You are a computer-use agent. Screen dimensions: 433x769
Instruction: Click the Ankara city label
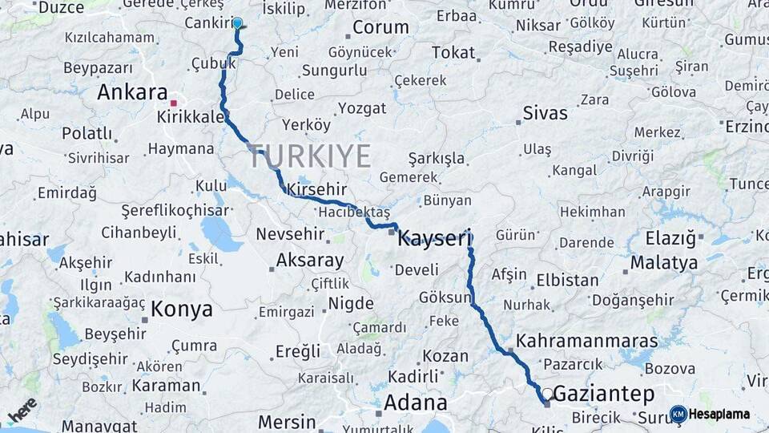pos(132,92)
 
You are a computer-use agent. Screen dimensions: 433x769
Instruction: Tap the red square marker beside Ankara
pos(173,103)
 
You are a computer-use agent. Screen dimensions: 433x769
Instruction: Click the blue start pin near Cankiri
pos(237,22)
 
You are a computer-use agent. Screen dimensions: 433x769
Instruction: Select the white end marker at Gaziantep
pos(546,394)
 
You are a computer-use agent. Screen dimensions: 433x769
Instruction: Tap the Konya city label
pos(182,310)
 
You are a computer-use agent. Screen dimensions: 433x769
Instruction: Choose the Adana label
pos(415,402)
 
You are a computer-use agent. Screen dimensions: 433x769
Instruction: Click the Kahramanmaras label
pos(586,341)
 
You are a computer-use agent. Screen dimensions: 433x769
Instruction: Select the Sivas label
pos(545,113)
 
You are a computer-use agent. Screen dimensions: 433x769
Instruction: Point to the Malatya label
pos(663,262)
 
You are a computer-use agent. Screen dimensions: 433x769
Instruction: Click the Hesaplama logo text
pos(720,415)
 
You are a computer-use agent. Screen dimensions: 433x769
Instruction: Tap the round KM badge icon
pos(678,415)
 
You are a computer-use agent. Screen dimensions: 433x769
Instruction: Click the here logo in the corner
pos(22,410)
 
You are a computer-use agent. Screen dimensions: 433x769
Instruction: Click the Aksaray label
pos(309,261)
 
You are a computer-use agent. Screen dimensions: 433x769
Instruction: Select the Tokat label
pos(453,52)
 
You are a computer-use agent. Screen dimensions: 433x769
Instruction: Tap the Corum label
pos(380,27)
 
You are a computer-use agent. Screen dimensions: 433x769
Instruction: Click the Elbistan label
pos(567,280)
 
